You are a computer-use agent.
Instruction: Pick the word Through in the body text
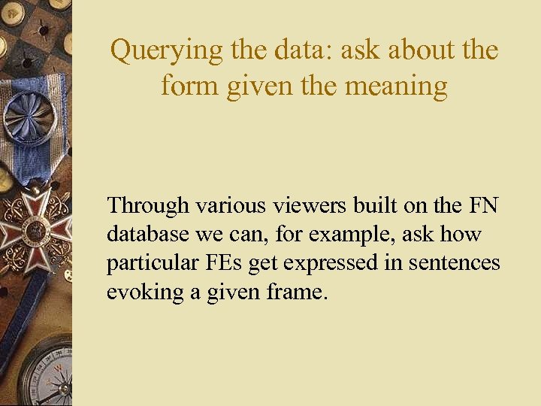click(147, 205)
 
